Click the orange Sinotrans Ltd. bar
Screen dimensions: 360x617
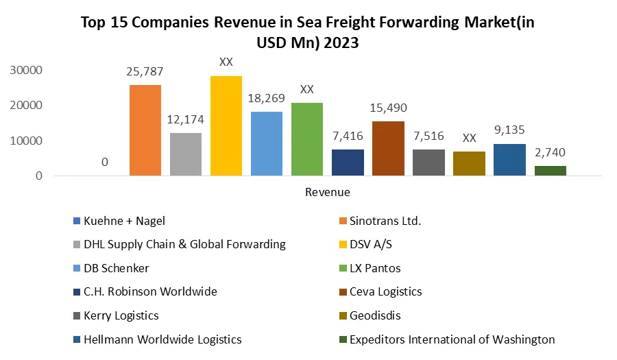point(145,130)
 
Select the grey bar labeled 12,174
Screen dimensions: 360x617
point(186,154)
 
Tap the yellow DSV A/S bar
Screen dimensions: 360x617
point(226,126)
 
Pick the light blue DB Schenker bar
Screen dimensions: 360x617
point(267,144)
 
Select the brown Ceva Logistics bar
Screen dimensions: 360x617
point(388,149)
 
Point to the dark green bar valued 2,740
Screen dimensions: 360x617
point(551,171)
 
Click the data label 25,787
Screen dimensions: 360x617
point(145,71)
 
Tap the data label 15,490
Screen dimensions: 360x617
point(388,108)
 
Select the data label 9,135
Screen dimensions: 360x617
point(509,130)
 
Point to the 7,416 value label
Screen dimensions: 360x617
point(348,136)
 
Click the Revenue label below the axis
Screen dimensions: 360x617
point(327,192)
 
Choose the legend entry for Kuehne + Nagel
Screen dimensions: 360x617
point(124,221)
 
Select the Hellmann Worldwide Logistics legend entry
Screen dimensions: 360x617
point(162,339)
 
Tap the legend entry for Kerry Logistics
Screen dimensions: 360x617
point(121,315)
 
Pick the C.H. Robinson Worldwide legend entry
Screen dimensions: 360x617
point(150,291)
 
